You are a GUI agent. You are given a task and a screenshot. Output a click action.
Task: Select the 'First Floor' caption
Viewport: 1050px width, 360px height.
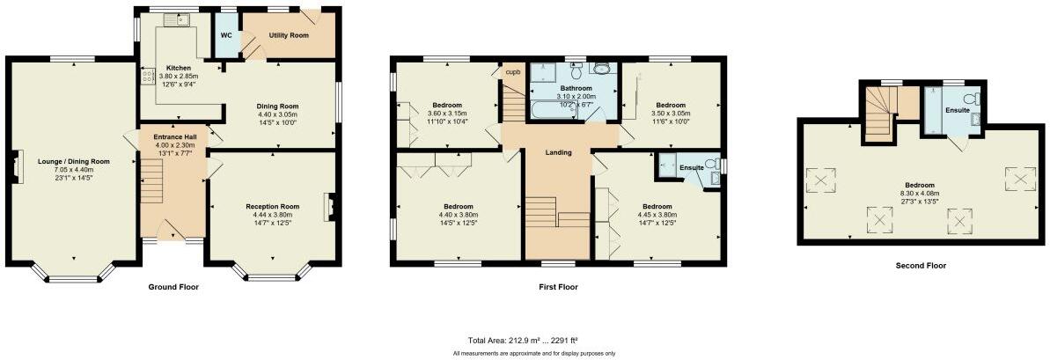tap(559, 287)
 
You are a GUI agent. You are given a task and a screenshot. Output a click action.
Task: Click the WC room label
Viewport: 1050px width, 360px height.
tap(226, 36)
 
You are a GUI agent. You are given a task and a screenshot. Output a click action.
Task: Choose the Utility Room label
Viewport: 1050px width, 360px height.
tap(288, 35)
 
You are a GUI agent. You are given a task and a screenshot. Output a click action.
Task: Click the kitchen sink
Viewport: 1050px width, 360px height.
tap(183, 20)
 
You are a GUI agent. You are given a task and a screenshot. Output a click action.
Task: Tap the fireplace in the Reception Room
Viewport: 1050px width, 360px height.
tap(329, 207)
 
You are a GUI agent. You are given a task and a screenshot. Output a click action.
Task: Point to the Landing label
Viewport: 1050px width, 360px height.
tap(558, 152)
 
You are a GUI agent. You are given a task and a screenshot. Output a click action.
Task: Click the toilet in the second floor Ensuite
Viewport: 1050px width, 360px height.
tap(972, 99)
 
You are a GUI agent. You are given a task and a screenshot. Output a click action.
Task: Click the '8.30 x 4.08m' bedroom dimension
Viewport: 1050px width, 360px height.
tap(920, 193)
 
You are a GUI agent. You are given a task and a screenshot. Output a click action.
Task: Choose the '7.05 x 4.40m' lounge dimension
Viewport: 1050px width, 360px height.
tap(73, 170)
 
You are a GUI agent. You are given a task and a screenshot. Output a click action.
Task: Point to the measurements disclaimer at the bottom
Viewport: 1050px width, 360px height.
tap(534, 353)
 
